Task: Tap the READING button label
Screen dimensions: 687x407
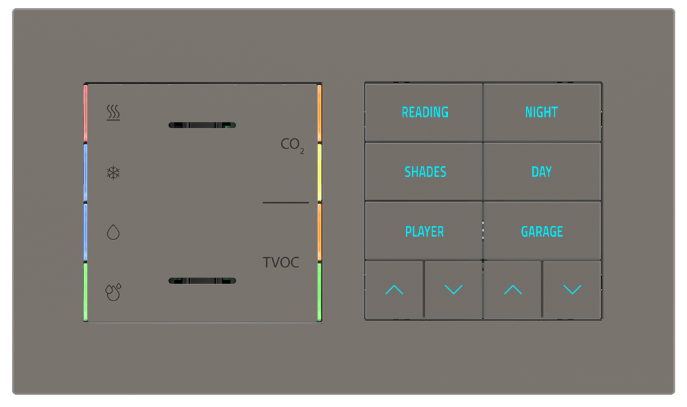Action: tap(425, 112)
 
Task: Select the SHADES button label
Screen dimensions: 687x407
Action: tap(425, 172)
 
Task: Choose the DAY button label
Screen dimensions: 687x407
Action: tap(542, 172)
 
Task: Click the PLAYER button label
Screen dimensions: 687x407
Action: tap(424, 231)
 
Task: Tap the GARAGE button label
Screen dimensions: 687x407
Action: tap(542, 231)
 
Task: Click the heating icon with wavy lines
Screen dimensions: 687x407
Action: tap(113, 113)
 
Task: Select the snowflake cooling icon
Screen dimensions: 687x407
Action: tap(113, 172)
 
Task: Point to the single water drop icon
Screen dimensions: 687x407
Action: tap(113, 232)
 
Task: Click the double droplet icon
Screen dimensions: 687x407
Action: tap(113, 292)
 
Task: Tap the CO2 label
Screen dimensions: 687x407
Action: tap(292, 144)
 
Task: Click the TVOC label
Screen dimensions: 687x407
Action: tap(280, 263)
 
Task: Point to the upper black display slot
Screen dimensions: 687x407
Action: tap(202, 125)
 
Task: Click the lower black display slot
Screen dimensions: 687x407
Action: tap(202, 281)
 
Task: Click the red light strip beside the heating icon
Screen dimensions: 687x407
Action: tap(86, 114)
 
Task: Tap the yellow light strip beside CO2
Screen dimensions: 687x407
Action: tap(319, 172)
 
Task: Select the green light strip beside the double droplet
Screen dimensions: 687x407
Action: tap(86, 292)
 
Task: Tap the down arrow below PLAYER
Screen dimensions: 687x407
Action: tap(453, 290)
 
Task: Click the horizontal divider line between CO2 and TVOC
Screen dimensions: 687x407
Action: tap(285, 203)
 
